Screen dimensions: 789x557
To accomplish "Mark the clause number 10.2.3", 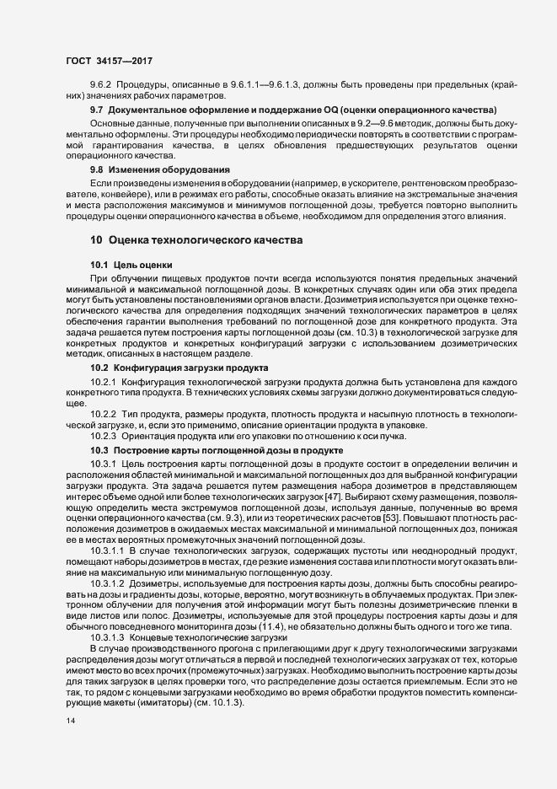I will coord(103,437).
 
